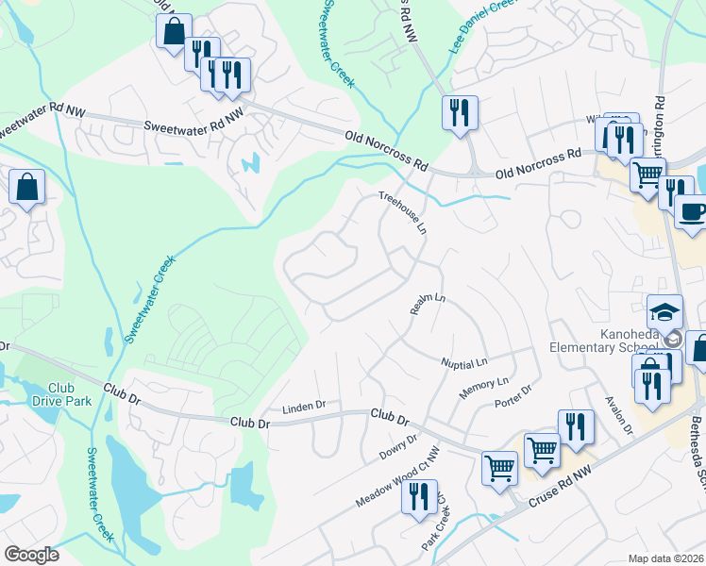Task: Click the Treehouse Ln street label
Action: pos(403,213)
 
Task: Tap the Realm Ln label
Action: pos(427,304)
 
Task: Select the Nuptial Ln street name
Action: pos(464,362)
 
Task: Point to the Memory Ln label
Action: pos(483,387)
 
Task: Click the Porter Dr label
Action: pos(513,396)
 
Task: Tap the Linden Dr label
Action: pos(304,407)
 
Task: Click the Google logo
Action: pos(31,555)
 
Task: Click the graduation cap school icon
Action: pos(664,311)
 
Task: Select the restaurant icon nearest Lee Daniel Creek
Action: pos(460,112)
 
